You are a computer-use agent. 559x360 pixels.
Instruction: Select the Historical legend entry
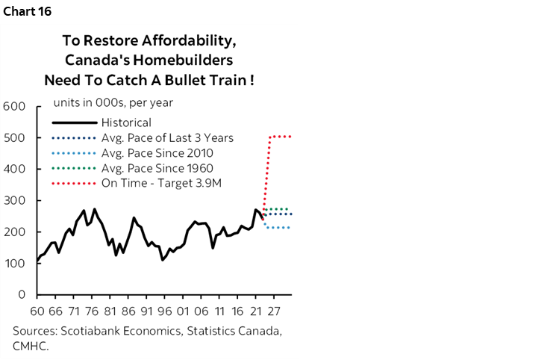(126, 122)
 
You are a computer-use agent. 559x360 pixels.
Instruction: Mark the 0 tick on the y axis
(23, 295)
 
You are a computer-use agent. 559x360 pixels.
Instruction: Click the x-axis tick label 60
(37, 311)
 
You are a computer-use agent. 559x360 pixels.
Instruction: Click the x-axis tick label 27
(272, 311)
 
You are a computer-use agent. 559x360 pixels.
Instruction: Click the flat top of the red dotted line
(280, 137)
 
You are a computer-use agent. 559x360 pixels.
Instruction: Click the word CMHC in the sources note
(29, 346)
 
